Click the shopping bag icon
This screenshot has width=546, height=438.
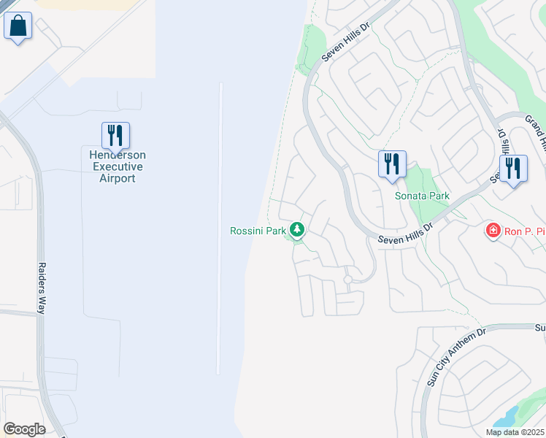tap(18, 26)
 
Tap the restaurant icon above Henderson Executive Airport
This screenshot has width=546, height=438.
tap(115, 136)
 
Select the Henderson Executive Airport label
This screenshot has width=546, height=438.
tap(118, 166)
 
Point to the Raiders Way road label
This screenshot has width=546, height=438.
tap(42, 288)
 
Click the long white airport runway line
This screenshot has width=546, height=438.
tap(220, 226)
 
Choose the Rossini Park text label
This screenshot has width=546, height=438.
tap(258, 231)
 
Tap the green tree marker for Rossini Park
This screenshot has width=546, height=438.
tap(297, 231)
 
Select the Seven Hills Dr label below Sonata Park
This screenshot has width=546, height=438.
tap(405, 233)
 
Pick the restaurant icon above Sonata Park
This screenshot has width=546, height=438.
tap(392, 164)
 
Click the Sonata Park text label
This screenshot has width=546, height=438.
tap(422, 196)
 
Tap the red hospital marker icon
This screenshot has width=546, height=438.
tap(493, 231)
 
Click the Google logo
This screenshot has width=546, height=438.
tap(24, 429)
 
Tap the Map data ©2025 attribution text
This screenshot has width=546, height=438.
tap(515, 432)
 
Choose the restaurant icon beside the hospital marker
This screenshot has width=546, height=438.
tap(513, 169)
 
